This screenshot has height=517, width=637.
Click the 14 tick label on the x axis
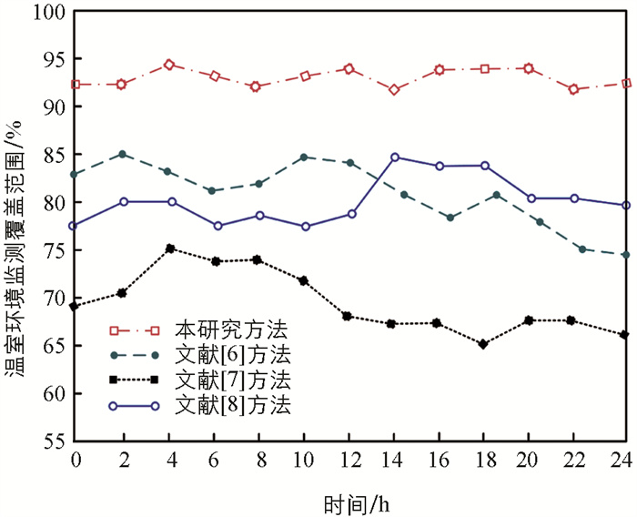(x=394, y=461)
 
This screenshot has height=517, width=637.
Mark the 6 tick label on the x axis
(x=214, y=461)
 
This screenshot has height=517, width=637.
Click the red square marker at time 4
(x=168, y=65)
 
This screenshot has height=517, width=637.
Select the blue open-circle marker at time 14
(x=394, y=157)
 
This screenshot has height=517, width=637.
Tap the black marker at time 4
(x=168, y=248)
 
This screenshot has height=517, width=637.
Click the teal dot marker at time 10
(x=304, y=157)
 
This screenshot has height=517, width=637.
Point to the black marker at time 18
(x=483, y=344)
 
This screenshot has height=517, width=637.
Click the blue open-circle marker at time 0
(x=76, y=226)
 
